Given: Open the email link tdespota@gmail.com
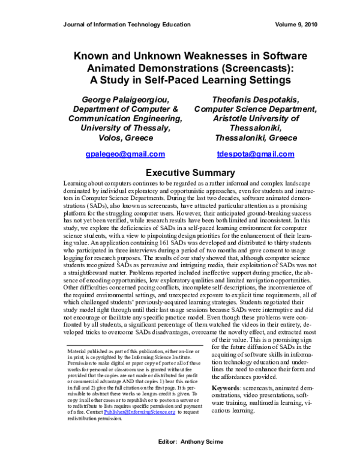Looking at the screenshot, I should pyautogui.click(x=255, y=154).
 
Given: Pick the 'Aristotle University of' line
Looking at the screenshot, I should pyautogui.click(x=255, y=118).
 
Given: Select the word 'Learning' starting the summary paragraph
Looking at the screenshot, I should pyautogui.click(x=75, y=182).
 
